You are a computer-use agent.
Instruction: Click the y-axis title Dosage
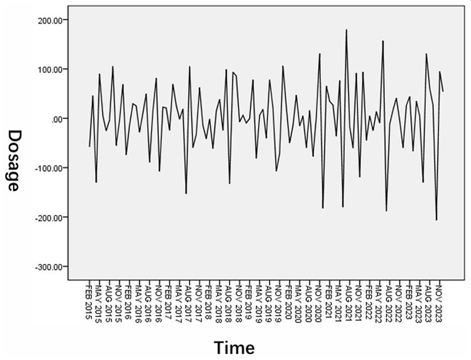click(14, 160)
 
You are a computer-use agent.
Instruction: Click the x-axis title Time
click(234, 348)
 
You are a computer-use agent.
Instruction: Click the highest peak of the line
click(346, 30)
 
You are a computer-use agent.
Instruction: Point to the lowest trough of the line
click(436, 220)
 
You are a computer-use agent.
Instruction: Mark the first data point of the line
click(89, 147)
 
